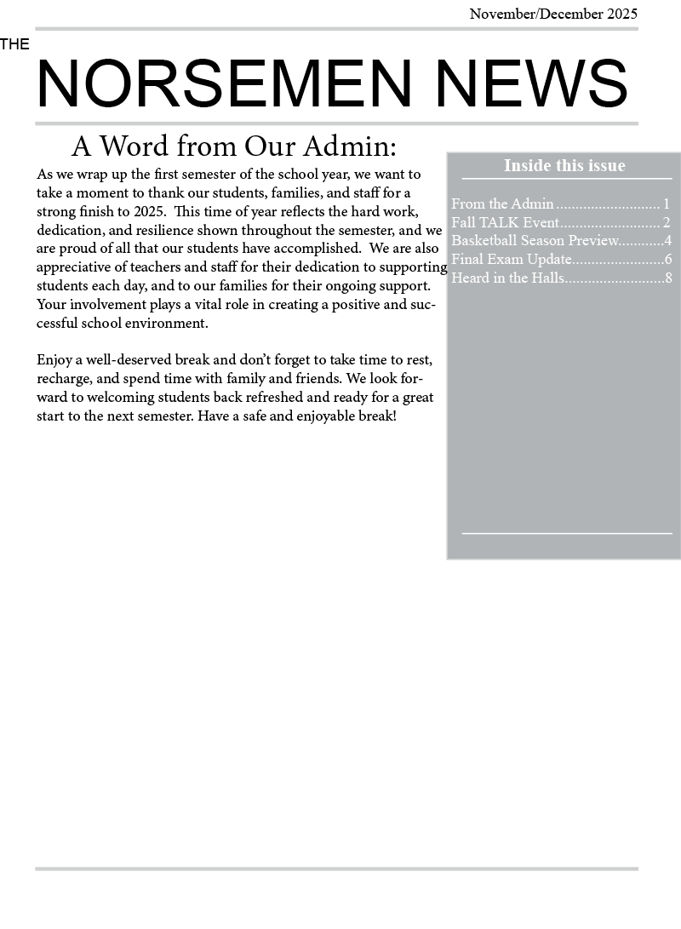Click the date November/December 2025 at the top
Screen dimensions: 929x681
(553, 14)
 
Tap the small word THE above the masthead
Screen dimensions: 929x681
(14, 44)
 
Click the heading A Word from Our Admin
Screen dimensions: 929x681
(233, 146)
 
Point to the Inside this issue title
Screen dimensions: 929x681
(564, 165)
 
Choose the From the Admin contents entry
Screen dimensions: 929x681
(502, 204)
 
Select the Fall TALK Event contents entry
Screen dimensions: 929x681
(505, 222)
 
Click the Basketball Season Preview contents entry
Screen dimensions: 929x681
(535, 241)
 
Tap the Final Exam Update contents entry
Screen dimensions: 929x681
(511, 260)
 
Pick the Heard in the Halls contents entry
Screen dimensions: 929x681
(507, 278)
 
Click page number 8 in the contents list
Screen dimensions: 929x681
(668, 278)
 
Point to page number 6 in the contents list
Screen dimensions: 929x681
(668, 260)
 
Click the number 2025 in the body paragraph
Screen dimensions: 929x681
(149, 211)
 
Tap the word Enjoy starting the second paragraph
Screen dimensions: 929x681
(54, 360)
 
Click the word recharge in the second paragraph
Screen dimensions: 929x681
(63, 379)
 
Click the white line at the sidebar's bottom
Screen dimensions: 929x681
(566, 533)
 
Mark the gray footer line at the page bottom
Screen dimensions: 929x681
(336, 869)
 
